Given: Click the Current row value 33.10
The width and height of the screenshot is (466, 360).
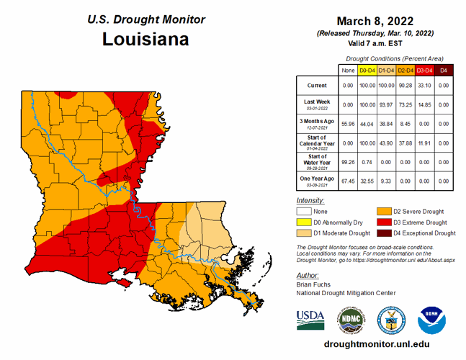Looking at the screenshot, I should pyautogui.click(x=426, y=85).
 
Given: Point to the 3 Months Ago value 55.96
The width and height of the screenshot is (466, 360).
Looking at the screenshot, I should pyautogui.click(x=347, y=123).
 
